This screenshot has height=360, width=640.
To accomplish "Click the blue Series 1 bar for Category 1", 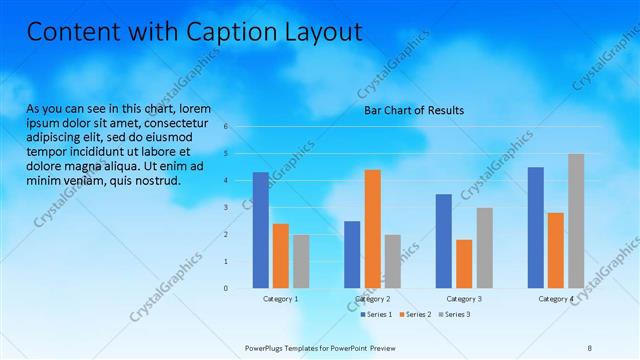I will pos(260,230).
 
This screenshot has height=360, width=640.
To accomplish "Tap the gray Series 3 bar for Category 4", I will pos(576,220).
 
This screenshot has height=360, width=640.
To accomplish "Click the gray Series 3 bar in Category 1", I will pos(301,261).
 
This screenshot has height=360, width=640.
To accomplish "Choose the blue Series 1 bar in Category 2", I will pos(352,254).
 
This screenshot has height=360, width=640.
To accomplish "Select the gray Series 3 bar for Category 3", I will pos(484,247).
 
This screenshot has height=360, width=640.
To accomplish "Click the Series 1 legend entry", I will pos(376,314).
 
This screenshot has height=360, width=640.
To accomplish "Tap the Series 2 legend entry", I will pos(415,314).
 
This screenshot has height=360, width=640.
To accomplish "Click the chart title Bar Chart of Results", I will pos(413,111).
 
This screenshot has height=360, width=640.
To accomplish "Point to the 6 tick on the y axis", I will pos(227,127).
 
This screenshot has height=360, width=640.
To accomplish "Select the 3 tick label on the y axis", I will pos(227,207).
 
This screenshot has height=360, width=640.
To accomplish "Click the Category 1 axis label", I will pos(281,299).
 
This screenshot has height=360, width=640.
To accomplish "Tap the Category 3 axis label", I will pos(464,299).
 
